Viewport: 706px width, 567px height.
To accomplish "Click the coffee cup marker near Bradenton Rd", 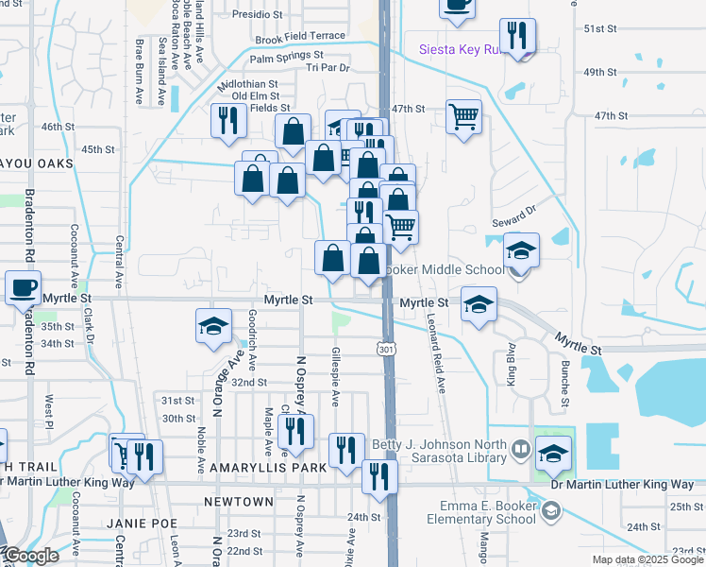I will pyautogui.click(x=24, y=287).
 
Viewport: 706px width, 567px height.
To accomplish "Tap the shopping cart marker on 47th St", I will pyautogui.click(x=463, y=117).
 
